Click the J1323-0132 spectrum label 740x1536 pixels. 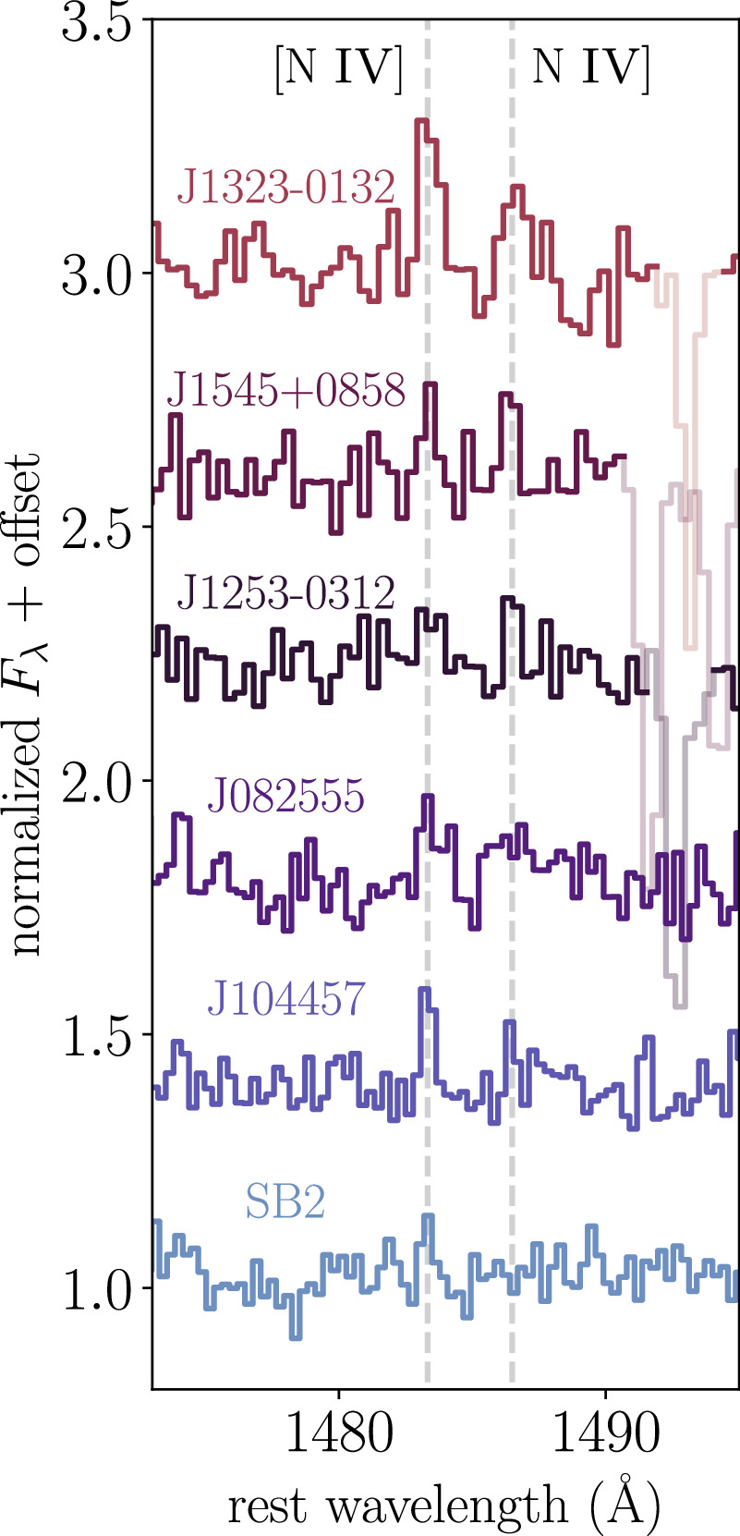click(x=285, y=188)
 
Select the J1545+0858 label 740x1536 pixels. click(x=285, y=390)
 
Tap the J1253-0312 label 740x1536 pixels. click(x=285, y=592)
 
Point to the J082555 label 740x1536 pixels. click(x=285, y=796)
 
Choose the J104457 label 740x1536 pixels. click(x=285, y=999)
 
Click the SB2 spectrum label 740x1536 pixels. click(x=285, y=1202)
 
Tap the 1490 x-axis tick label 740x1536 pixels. click(x=605, y=1433)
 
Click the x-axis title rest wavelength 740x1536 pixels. click(x=444, y=1505)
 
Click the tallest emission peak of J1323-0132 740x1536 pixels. click(x=421, y=121)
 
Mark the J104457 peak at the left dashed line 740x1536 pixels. click(x=425, y=990)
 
